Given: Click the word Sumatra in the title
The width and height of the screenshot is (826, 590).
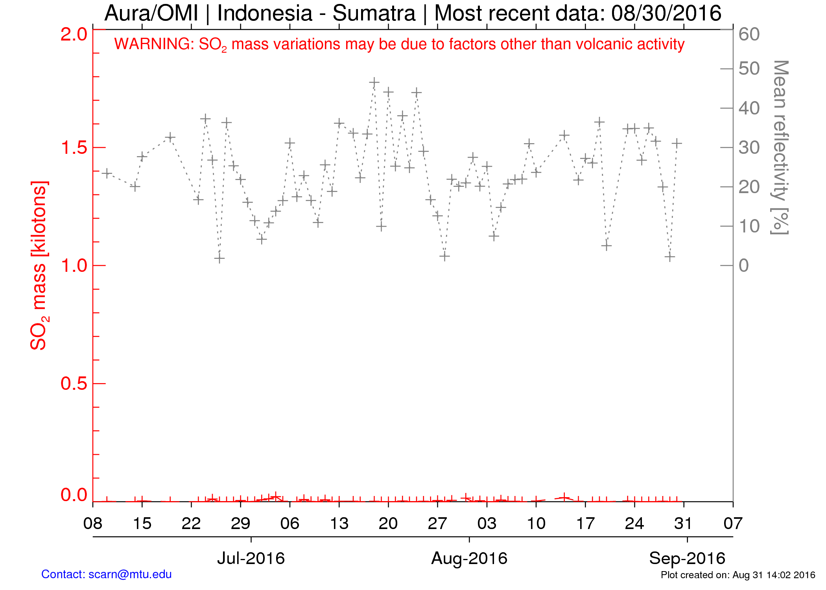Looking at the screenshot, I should pos(374,13).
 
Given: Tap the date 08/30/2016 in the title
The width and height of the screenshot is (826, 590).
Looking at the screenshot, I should pos(666,13).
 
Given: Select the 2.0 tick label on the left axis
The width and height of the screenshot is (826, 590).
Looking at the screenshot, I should pos(74,34).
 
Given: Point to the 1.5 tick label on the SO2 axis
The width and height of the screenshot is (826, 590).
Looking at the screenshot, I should pos(74,147).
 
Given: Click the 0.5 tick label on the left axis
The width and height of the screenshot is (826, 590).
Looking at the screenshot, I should pos(74,383).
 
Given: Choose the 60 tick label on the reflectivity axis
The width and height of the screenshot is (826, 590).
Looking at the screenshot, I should pos(749,34).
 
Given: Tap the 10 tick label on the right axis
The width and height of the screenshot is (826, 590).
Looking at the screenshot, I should pos(749,226).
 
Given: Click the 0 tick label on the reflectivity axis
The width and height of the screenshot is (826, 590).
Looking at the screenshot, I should pos(743,265).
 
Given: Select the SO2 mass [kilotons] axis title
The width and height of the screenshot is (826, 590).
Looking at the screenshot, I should pos(39,265).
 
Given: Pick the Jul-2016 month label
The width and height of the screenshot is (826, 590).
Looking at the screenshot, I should pos(251,558).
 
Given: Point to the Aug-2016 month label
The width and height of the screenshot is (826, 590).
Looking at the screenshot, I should pos(469,558).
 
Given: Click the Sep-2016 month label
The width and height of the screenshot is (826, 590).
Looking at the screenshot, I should pos(687,558).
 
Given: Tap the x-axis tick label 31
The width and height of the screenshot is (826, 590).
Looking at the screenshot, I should pos(684,524).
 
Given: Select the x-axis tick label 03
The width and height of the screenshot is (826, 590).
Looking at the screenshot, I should pos(487,524).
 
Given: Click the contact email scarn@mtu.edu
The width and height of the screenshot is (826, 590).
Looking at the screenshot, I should pos(130,574).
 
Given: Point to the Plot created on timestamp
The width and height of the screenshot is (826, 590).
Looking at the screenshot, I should pos(738,575).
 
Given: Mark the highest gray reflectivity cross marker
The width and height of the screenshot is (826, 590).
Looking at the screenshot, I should pos(374,82).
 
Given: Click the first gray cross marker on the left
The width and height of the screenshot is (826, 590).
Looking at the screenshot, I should pos(107,173).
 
